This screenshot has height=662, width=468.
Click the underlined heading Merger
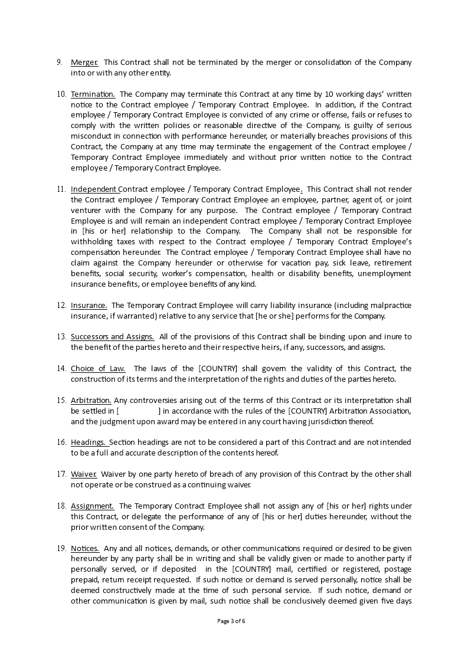tap(84, 63)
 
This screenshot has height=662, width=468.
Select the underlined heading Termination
tap(93, 94)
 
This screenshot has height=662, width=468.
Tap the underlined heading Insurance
tap(89, 305)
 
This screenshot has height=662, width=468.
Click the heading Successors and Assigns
tap(113, 337)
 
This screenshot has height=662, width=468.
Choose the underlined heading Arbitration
tap(91, 401)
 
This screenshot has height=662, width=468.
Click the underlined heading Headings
tap(89, 443)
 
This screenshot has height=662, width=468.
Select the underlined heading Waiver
tap(84, 474)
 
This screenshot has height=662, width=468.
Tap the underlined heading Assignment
tap(93, 506)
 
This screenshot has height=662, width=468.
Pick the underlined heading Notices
tap(85, 549)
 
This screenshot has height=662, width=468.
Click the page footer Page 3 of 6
tap(234, 621)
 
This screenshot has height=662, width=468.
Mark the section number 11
tap(61, 189)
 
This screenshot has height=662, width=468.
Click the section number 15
tap(61, 401)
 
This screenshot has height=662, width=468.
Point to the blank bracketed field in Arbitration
tap(139, 411)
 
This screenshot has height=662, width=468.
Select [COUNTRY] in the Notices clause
tap(252, 569)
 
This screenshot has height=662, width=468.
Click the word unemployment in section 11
tap(384, 274)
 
